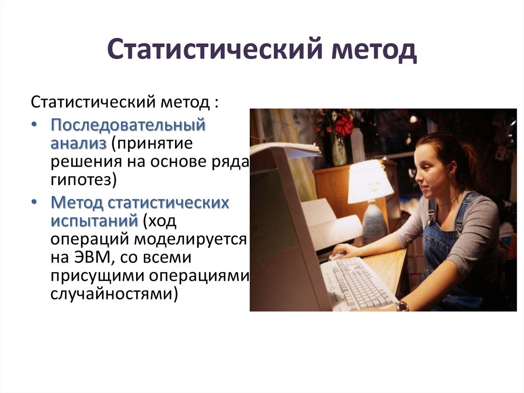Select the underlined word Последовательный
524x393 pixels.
coord(127,125)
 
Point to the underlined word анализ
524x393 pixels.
coord(78,143)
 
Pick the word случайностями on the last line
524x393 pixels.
coord(114,295)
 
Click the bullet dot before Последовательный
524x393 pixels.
coord(33,125)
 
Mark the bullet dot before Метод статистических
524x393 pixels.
coord(33,203)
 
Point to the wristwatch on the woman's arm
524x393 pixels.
coord(402,306)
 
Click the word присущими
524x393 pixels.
coord(97,276)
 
